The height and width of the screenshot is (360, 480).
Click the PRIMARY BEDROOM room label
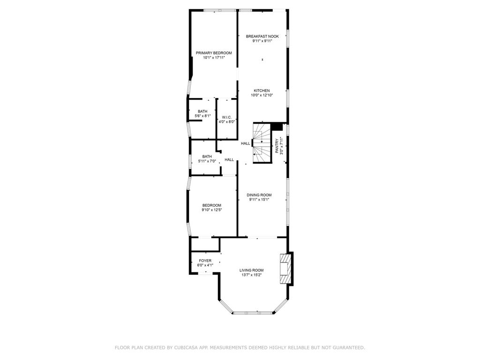(214, 53)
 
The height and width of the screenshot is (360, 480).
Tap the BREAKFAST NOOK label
(262, 37)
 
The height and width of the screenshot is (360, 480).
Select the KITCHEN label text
(262, 90)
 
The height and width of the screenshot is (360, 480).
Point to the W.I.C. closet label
(227, 118)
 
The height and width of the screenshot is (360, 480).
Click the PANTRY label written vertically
(277, 146)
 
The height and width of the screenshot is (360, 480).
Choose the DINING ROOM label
(259, 195)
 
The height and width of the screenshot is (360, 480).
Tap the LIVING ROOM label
(251, 270)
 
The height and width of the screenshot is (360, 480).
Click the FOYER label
(205, 261)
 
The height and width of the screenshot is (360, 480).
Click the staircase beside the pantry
(262, 143)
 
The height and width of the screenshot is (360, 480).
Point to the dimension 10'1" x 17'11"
(214, 58)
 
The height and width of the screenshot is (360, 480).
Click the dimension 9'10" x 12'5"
(211, 210)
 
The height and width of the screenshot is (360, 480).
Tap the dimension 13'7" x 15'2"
(252, 275)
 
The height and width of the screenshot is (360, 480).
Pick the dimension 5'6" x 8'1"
(202, 116)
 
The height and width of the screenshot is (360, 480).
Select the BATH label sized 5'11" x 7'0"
(207, 157)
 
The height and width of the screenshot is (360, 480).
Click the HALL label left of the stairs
(246, 143)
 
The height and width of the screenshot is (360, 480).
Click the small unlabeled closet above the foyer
(205, 244)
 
